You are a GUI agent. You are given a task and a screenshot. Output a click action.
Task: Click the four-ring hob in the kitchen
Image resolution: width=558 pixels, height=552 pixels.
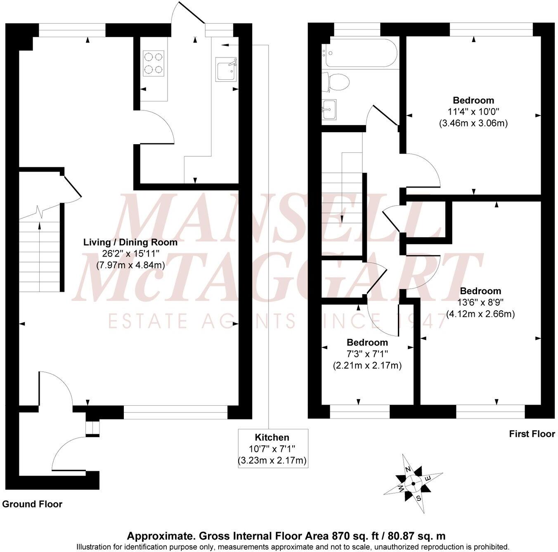(154, 63)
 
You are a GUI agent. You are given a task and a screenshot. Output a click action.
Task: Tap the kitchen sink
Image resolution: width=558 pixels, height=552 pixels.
(226, 69)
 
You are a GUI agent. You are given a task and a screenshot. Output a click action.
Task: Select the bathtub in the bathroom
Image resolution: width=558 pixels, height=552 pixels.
(361, 53)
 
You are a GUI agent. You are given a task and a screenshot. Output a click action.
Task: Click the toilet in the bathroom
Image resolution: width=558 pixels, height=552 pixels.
(337, 82)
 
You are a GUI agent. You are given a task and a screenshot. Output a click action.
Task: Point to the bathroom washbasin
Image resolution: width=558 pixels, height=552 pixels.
(329, 109)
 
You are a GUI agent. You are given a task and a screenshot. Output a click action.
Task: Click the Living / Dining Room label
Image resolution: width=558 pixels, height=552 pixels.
(130, 243)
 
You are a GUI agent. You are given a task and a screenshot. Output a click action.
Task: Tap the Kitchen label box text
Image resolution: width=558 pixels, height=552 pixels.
(272, 438)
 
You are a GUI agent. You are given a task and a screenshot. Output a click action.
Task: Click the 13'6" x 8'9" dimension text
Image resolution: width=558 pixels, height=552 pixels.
(480, 302)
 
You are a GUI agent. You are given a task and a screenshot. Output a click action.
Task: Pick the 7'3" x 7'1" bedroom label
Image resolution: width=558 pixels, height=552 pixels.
(367, 354)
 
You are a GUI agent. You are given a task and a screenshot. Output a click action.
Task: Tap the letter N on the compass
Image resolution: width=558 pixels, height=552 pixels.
(408, 470)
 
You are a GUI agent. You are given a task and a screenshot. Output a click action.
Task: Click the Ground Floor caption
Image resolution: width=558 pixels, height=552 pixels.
(32, 504)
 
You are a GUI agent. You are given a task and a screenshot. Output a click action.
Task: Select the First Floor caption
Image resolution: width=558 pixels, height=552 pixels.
(532, 434)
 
